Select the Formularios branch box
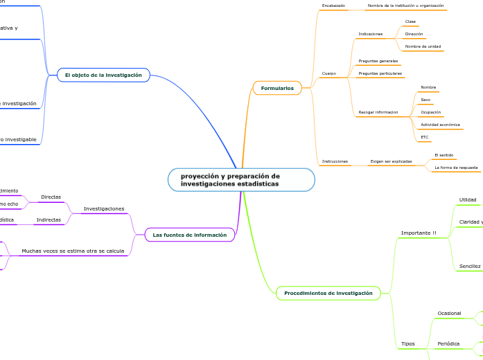(277, 88)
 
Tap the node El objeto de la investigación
(103, 75)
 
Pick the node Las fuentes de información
(190, 235)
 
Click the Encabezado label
(333, 6)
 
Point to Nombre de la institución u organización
(405, 6)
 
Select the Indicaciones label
(371, 34)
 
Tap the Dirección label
(414, 34)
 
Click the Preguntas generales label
(378, 61)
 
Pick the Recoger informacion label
(378, 112)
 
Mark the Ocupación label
(430, 112)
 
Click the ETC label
(425, 137)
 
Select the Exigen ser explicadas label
(391, 161)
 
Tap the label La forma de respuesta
(455, 168)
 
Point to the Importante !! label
(419, 233)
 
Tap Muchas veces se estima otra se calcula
(73, 251)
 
